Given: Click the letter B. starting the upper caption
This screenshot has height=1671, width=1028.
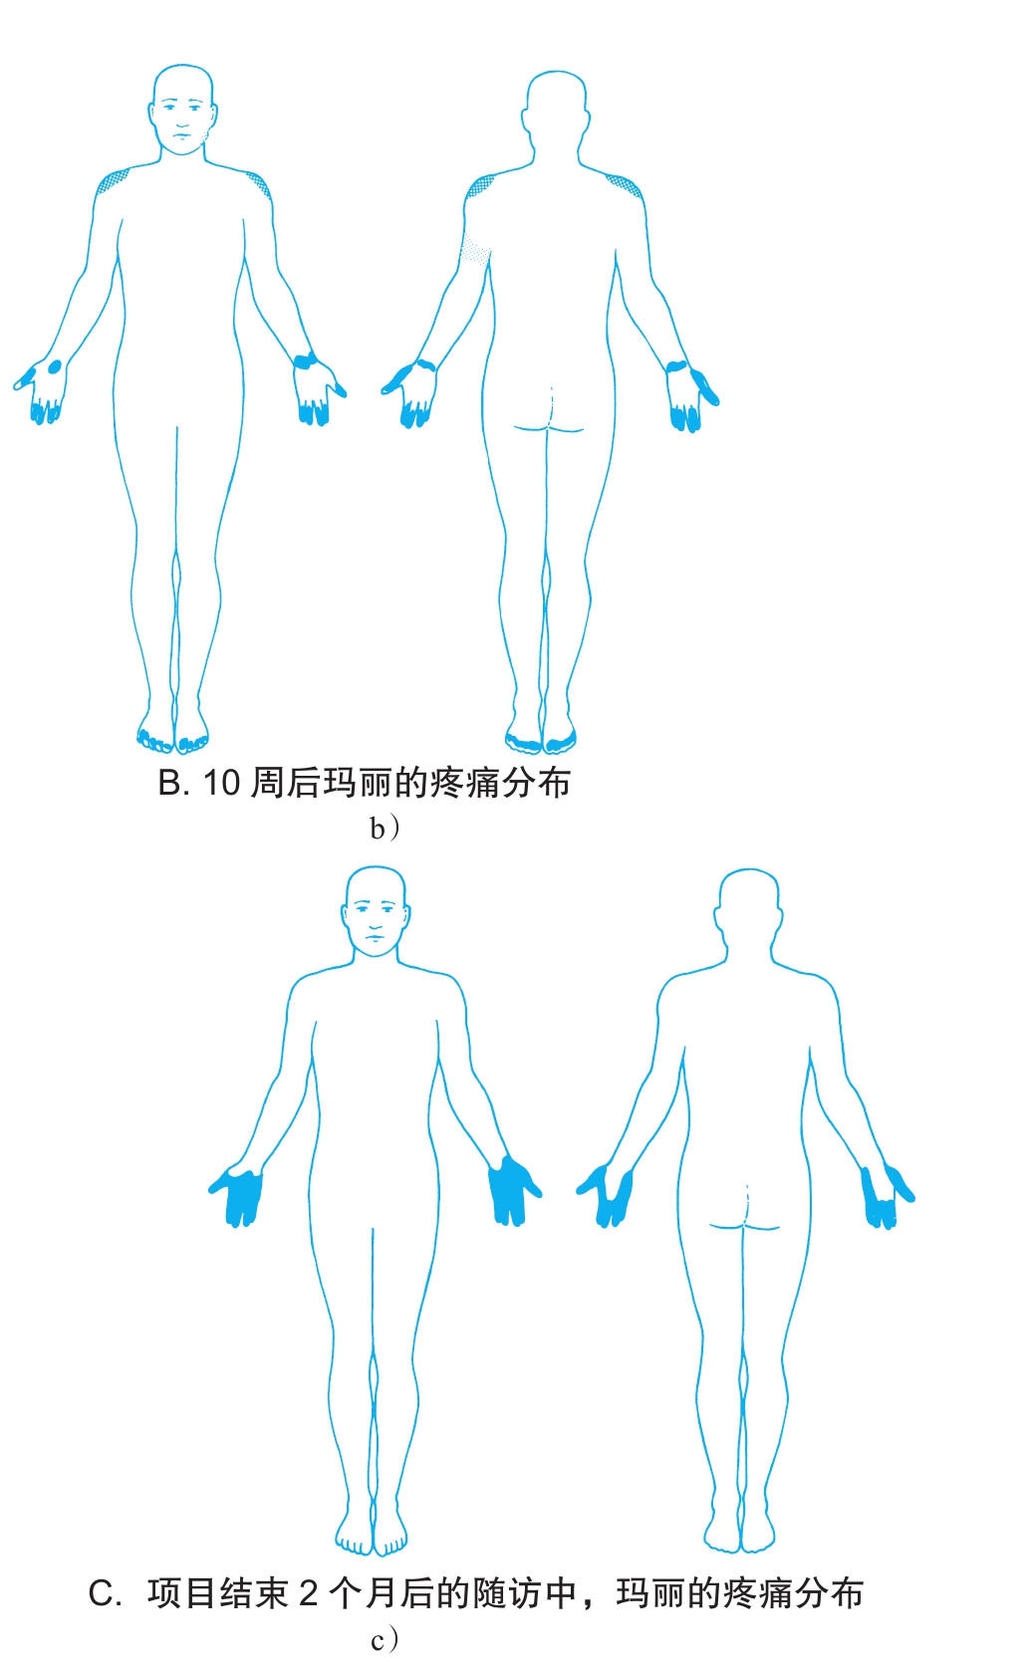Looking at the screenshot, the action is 173,784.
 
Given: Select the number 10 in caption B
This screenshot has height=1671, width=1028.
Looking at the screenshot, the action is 221,784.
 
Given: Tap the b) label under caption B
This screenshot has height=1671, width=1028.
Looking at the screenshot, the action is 385,829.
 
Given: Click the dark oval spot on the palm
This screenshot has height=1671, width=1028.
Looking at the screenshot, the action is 55,366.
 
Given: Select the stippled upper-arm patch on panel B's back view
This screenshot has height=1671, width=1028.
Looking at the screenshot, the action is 476,249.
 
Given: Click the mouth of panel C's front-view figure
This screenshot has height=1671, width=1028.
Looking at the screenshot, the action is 376,937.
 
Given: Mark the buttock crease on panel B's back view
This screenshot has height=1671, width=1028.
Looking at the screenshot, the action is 549,428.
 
